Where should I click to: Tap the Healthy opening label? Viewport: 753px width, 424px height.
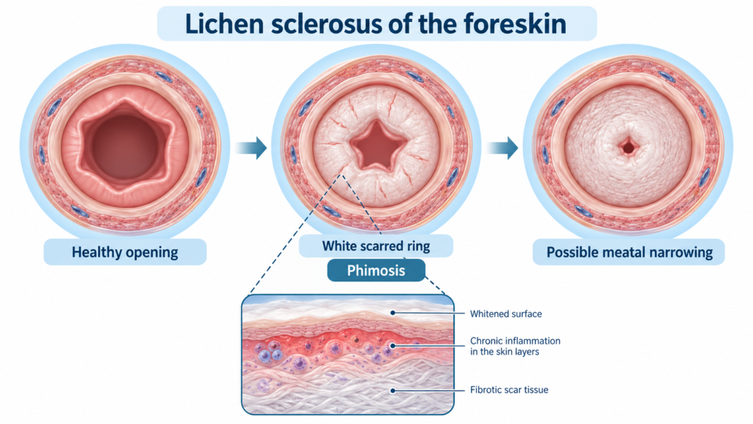[x=125, y=252]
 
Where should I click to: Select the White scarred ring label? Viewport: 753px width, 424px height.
[x=376, y=246]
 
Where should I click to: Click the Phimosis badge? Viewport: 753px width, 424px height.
[x=376, y=270]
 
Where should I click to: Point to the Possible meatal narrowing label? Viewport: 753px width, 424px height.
[x=629, y=252]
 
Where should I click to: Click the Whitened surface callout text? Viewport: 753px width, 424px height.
[x=506, y=314]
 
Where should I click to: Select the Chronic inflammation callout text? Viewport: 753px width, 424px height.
[x=515, y=347]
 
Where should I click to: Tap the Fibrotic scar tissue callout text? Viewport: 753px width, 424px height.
[x=509, y=390]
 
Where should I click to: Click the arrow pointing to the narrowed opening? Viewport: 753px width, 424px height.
[x=502, y=148]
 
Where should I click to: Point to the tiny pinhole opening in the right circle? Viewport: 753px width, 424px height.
[x=628, y=146]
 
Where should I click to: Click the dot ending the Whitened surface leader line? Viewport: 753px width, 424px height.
[x=393, y=313]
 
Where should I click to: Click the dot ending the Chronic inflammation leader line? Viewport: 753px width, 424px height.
[x=393, y=345]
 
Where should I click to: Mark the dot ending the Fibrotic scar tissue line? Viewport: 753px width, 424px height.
[x=393, y=390]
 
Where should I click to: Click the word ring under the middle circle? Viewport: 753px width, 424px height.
[x=417, y=247]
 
